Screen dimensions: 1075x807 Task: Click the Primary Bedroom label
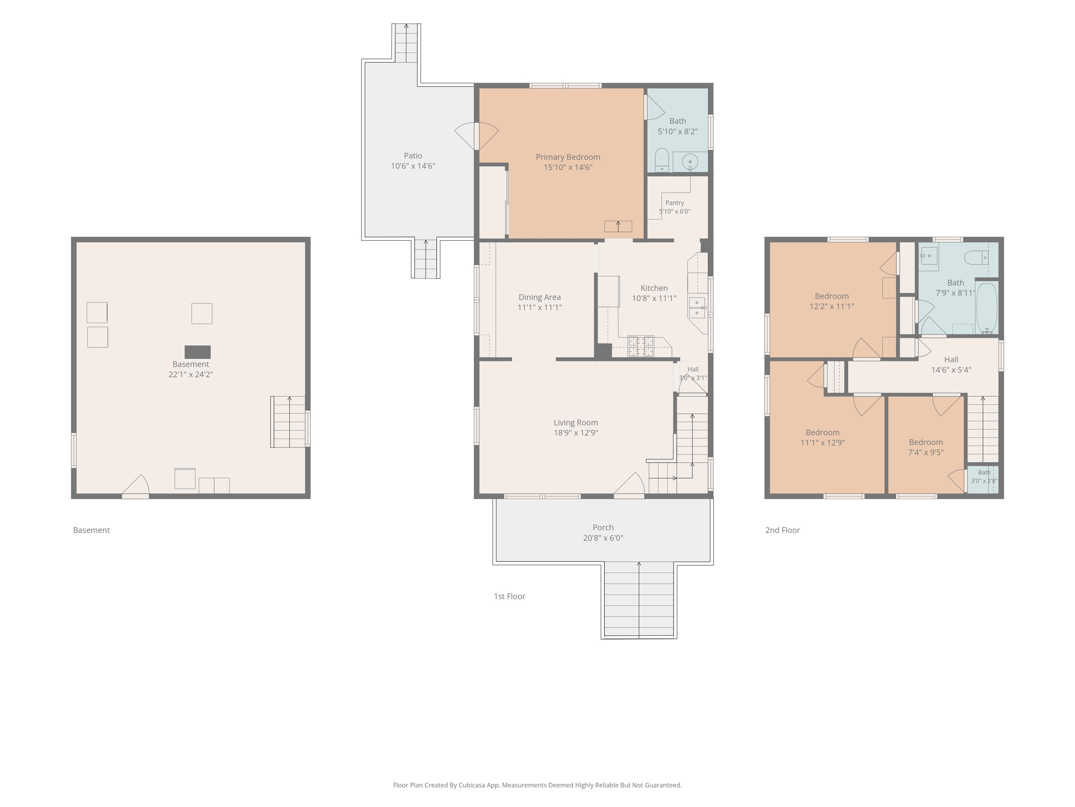pyautogui.click(x=568, y=157)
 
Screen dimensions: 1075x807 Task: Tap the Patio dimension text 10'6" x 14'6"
pyautogui.click(x=413, y=166)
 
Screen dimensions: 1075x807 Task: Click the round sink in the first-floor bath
pyautogui.click(x=690, y=161)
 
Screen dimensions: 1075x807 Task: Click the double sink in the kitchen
pyautogui.click(x=697, y=308)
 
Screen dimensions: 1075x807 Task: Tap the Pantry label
pyautogui.click(x=675, y=203)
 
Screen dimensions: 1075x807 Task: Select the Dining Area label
pyautogui.click(x=540, y=297)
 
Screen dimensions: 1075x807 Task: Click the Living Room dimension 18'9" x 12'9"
pyautogui.click(x=576, y=433)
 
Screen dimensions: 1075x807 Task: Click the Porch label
pyautogui.click(x=603, y=528)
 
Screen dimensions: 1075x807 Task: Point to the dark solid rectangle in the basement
pyautogui.click(x=198, y=352)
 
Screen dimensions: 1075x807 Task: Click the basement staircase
pyautogui.click(x=288, y=422)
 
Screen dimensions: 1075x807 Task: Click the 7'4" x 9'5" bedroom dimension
pyautogui.click(x=926, y=453)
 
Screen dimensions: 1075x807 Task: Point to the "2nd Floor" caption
pyautogui.click(x=782, y=530)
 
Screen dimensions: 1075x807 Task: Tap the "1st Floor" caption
pyautogui.click(x=509, y=596)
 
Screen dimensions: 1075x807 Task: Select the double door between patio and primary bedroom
pyautogui.click(x=477, y=136)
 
